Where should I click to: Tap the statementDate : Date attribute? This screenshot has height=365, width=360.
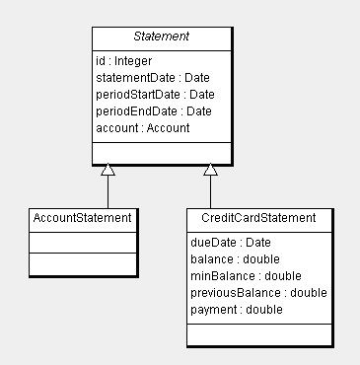click(x=153, y=78)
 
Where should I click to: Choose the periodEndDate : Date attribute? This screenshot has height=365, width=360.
click(x=154, y=111)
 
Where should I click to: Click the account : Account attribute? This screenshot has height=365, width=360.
click(x=142, y=128)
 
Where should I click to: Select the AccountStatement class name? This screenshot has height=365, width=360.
click(x=80, y=217)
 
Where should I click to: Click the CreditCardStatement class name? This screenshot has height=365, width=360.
click(x=257, y=217)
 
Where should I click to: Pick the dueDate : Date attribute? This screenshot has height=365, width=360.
click(x=230, y=242)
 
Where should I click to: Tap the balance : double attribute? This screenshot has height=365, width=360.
click(x=235, y=258)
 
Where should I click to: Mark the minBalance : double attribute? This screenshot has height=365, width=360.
click(x=246, y=275)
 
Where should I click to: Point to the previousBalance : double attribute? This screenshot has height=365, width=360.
click(x=257, y=293)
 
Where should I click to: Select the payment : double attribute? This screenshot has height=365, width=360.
click(x=236, y=310)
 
